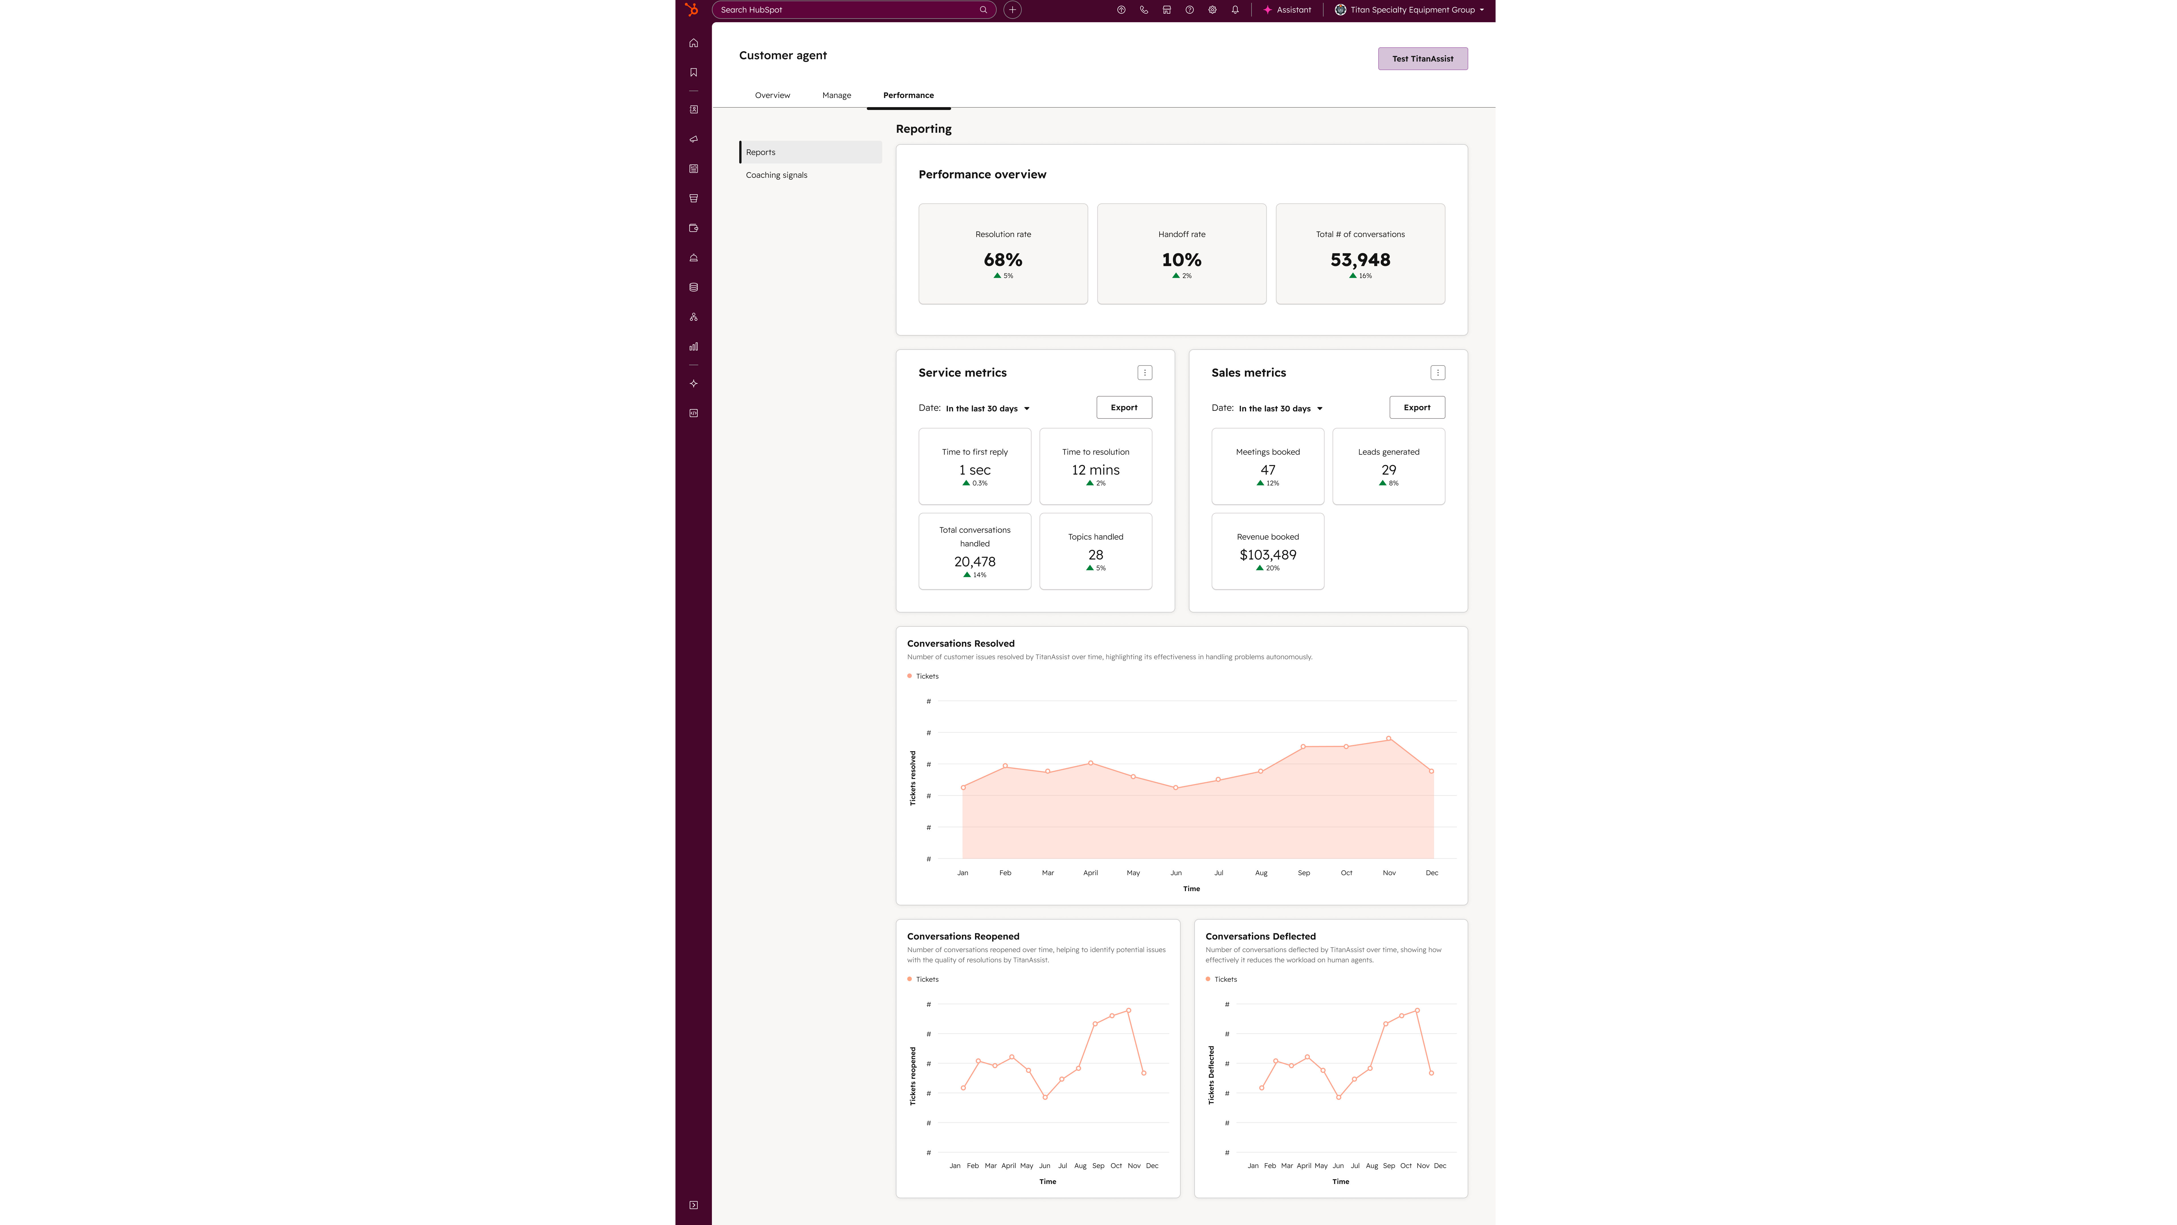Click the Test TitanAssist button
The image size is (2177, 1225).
[1422, 58]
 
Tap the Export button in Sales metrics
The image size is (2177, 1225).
[1416, 407]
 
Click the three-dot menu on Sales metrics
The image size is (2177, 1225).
[1437, 373]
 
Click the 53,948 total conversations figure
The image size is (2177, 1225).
[1360, 260]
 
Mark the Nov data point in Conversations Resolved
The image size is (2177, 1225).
[1388, 739]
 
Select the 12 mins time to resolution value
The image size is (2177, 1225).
[1095, 470]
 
